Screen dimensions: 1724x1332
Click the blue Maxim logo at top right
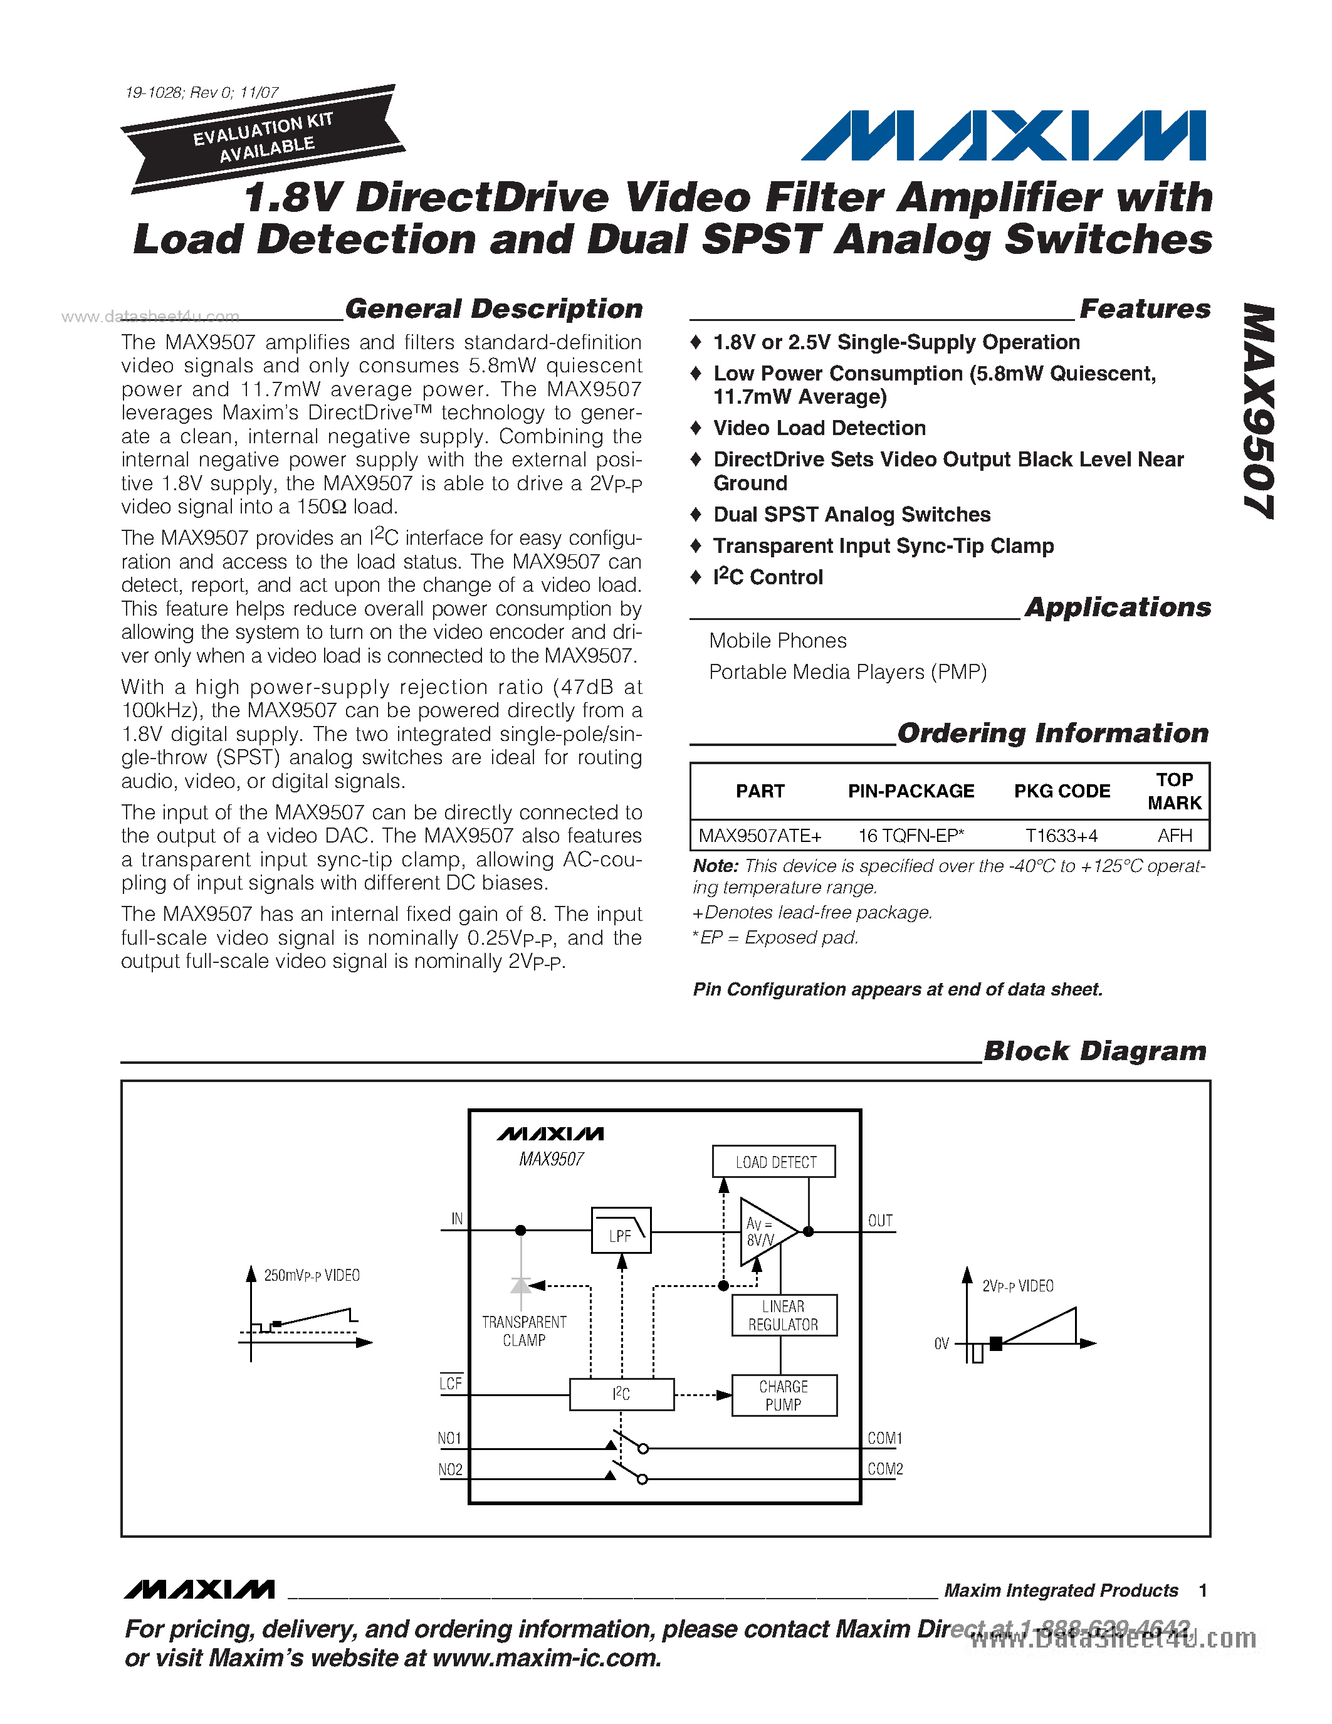click(1003, 136)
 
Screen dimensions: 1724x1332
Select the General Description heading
click(494, 308)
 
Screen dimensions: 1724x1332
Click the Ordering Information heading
click(1052, 733)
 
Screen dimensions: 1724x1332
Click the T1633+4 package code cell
click(1061, 835)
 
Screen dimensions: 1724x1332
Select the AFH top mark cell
click(1174, 835)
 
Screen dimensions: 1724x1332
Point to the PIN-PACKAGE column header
click(911, 791)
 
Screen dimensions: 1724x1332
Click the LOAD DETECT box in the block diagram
click(774, 1162)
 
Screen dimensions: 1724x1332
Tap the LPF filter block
click(621, 1230)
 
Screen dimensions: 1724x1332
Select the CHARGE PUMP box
click(784, 1395)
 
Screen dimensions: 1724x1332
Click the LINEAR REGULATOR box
click(784, 1315)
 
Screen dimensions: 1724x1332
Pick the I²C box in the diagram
click(622, 1394)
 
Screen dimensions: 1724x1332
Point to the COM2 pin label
click(884, 1469)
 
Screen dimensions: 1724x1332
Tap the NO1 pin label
click(450, 1438)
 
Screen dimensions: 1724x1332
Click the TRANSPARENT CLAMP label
click(524, 1331)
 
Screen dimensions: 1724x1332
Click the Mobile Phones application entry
click(777, 640)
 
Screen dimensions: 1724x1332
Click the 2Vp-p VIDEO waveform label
click(1018, 1286)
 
